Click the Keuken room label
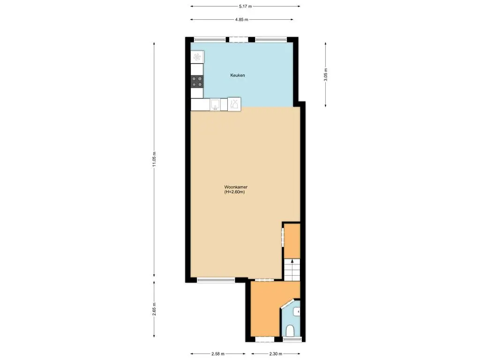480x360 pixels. coord(237,75)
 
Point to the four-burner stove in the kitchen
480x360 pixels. coord(197,82)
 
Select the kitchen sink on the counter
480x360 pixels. coord(215,104)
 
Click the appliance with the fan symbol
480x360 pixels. coord(197,57)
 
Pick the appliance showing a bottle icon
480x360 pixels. coord(234,104)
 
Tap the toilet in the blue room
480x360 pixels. coord(291,330)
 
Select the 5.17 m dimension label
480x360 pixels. coord(246,6)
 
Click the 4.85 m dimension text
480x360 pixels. coord(241,20)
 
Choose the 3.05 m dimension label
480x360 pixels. coord(326,75)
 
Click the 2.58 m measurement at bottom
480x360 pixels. coord(218,354)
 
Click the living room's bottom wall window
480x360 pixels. coord(216,280)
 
